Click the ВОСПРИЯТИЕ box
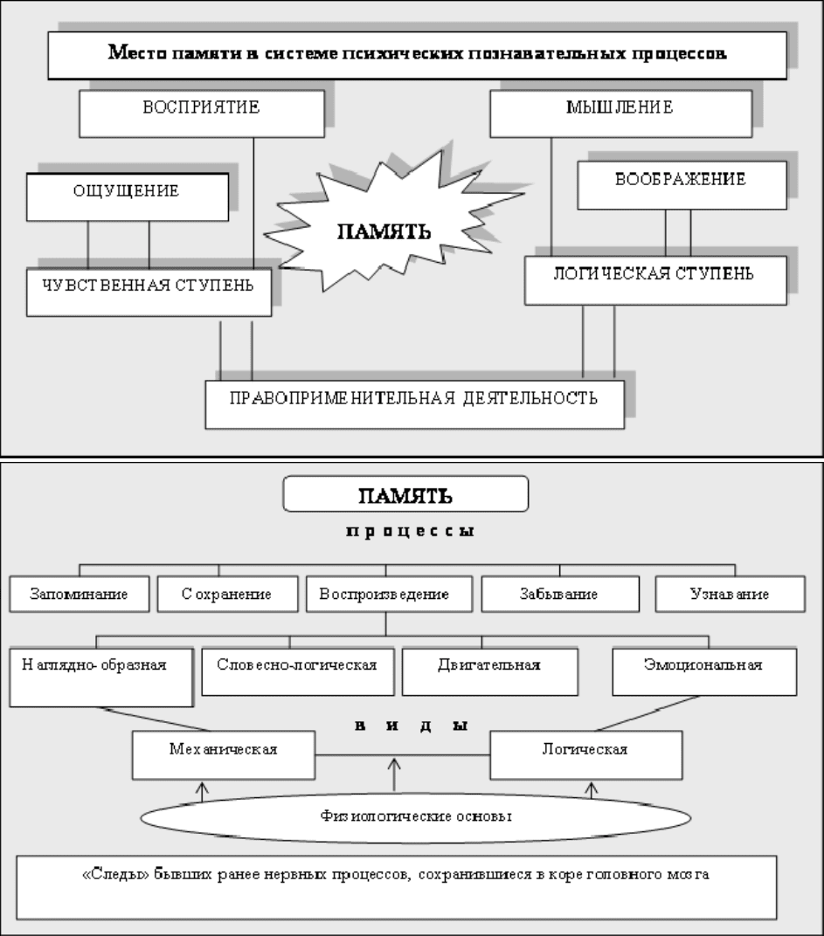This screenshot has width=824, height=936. point(202,114)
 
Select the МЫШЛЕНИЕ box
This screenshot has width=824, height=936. point(620,114)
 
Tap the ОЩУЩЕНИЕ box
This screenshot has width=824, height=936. point(128,197)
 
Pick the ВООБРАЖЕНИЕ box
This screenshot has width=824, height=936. point(682,185)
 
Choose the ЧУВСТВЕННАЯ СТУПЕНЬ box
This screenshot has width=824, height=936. point(149,292)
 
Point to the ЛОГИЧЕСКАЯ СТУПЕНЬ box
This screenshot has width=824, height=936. point(655,280)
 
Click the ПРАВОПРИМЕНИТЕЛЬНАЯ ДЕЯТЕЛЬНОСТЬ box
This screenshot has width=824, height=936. point(415,404)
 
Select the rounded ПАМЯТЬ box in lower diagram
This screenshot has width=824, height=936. point(405,493)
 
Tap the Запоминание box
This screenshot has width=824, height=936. point(79,594)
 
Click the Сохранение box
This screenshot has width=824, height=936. point(228,594)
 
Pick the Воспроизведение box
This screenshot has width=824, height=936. point(389,594)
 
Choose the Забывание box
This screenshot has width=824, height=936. point(560,594)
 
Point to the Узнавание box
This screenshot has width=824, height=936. point(731,594)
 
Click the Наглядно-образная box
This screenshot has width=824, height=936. point(101,678)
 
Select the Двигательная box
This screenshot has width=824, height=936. point(490,671)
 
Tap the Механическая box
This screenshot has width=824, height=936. point(224,755)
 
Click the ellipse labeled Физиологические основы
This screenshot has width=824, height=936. point(416,816)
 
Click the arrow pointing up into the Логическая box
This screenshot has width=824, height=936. point(592,790)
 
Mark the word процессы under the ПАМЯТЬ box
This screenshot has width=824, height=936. point(411,531)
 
